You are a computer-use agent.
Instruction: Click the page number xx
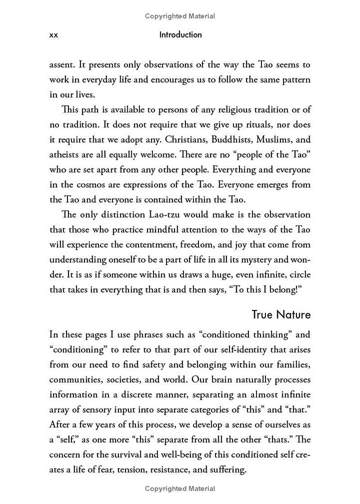54,35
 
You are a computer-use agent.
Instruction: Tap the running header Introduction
180,35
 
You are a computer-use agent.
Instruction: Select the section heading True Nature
281,315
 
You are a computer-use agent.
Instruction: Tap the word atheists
64,154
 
